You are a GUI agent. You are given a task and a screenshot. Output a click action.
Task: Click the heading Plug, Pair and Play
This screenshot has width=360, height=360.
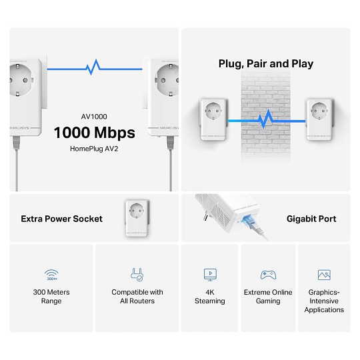[x=266, y=64]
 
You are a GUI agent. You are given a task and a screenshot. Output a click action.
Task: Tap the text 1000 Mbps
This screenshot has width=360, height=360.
[x=95, y=133]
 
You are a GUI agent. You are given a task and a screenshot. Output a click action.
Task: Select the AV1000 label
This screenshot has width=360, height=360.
[x=94, y=117]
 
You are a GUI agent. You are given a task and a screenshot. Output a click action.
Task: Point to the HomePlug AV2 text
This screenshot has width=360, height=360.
[x=94, y=149]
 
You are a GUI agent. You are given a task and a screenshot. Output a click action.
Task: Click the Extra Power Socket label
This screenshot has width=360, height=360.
[x=62, y=219]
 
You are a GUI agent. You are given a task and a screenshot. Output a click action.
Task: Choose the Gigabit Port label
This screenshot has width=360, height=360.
[x=311, y=219]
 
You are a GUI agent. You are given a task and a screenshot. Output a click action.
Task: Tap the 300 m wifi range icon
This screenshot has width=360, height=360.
[x=51, y=275]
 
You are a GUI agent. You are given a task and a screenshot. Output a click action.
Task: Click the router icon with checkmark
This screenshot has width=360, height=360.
[x=137, y=275]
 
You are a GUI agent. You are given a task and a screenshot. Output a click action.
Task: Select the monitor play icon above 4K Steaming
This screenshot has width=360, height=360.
[x=210, y=275]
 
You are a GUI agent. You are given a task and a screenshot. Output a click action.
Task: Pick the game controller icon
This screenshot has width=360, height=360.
[x=268, y=275]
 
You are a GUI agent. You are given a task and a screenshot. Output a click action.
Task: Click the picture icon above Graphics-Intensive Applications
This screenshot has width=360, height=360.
[x=324, y=275]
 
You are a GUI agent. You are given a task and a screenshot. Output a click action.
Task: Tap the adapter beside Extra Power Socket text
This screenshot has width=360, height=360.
[x=137, y=218]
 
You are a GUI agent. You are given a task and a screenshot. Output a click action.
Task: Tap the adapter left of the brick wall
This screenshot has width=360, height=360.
[x=213, y=119]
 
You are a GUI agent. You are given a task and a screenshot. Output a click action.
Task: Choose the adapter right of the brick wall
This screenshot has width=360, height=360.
[x=319, y=119]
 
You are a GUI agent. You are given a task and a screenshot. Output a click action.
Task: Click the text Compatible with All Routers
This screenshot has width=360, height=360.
[x=137, y=297]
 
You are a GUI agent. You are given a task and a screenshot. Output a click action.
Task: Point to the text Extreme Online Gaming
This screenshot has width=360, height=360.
[x=268, y=297]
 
